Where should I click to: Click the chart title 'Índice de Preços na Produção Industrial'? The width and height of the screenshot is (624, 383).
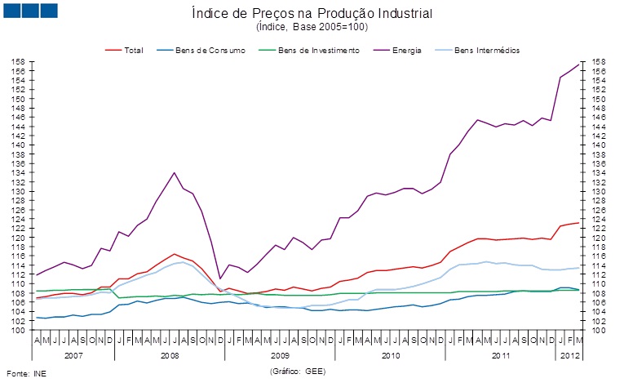click(312, 14)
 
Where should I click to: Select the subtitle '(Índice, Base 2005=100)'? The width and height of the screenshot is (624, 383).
click(312, 27)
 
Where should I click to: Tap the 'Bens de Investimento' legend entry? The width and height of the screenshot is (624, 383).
click(318, 51)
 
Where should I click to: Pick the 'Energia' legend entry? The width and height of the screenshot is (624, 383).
click(406, 51)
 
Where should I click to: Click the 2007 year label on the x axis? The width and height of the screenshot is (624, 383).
click(73, 357)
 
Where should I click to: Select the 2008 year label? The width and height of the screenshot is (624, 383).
click(170, 357)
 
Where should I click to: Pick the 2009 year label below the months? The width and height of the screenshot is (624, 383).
click(280, 357)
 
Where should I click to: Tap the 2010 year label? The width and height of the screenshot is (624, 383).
click(390, 357)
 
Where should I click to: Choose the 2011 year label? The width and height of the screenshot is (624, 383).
click(500, 357)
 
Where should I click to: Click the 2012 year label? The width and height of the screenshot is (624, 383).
click(569, 357)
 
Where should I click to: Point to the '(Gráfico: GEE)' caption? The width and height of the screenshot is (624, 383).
click(298, 370)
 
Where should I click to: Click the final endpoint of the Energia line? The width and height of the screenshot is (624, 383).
click(578, 65)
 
